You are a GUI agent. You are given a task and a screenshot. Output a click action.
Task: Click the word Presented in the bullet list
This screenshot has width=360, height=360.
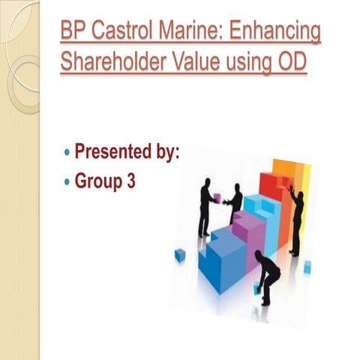pos(112,153)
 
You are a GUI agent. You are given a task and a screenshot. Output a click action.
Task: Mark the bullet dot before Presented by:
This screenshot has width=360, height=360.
pos(65,154)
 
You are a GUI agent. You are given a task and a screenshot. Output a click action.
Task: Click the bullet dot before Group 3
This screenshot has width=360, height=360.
pos(65,182)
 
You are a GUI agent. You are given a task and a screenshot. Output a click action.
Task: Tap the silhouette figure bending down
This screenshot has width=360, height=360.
pos(266,274)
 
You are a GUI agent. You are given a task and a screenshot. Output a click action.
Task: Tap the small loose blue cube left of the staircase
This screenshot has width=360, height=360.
pos(180,256)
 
